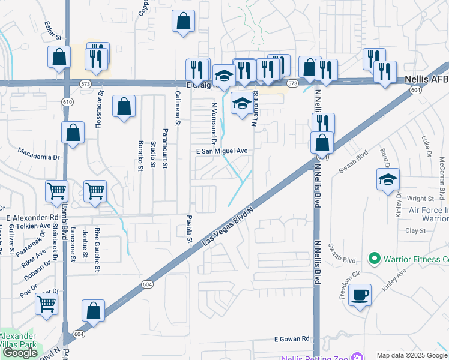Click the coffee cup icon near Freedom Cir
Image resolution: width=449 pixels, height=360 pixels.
click(360, 295)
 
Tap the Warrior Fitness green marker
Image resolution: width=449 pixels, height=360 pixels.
click(375, 259)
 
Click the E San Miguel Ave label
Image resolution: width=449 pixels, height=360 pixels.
click(222, 151)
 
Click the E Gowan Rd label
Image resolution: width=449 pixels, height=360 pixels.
click(292, 339)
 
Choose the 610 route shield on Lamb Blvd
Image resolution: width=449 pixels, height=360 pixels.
click(67, 102)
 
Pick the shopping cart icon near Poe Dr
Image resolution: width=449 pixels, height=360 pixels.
click(46, 303)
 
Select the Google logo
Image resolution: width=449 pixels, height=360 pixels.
click(20, 353)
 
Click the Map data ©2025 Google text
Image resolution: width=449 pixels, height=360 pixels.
click(412, 355)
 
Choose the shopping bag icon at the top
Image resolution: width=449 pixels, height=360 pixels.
click(183, 22)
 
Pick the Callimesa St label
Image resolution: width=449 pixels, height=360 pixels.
click(178, 108)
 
